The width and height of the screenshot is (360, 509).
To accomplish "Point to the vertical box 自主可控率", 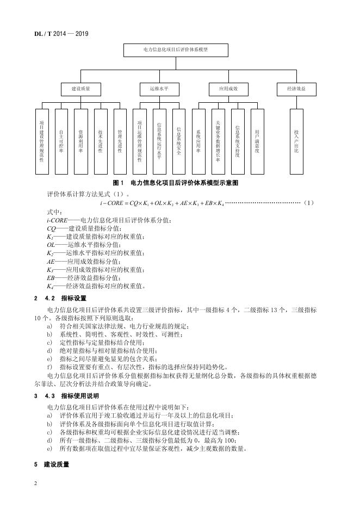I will click(x=61, y=141).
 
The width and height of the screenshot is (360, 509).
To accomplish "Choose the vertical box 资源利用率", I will click(x=80, y=141).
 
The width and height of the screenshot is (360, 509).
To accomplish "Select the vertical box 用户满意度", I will click(x=257, y=141).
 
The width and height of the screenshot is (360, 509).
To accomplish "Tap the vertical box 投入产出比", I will click(x=296, y=141).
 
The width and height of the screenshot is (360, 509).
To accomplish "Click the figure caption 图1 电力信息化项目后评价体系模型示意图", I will click(x=175, y=183).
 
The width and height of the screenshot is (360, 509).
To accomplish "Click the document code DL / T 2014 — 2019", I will click(x=57, y=34).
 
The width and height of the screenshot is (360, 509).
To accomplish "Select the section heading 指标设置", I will click(x=72, y=298).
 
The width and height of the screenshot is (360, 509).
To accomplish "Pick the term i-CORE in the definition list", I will click(x=57, y=220).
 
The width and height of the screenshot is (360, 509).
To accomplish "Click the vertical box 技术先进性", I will click(x=100, y=141).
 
